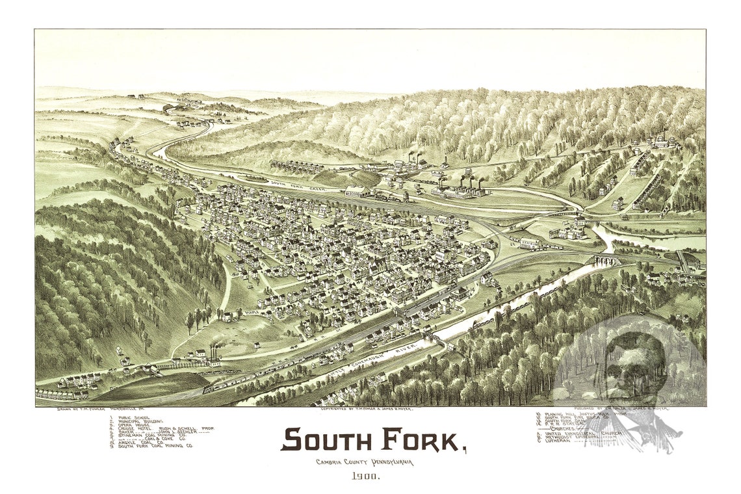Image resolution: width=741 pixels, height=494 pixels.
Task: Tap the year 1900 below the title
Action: [367, 476]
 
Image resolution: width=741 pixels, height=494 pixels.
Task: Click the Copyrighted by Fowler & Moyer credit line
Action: [367, 409]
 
